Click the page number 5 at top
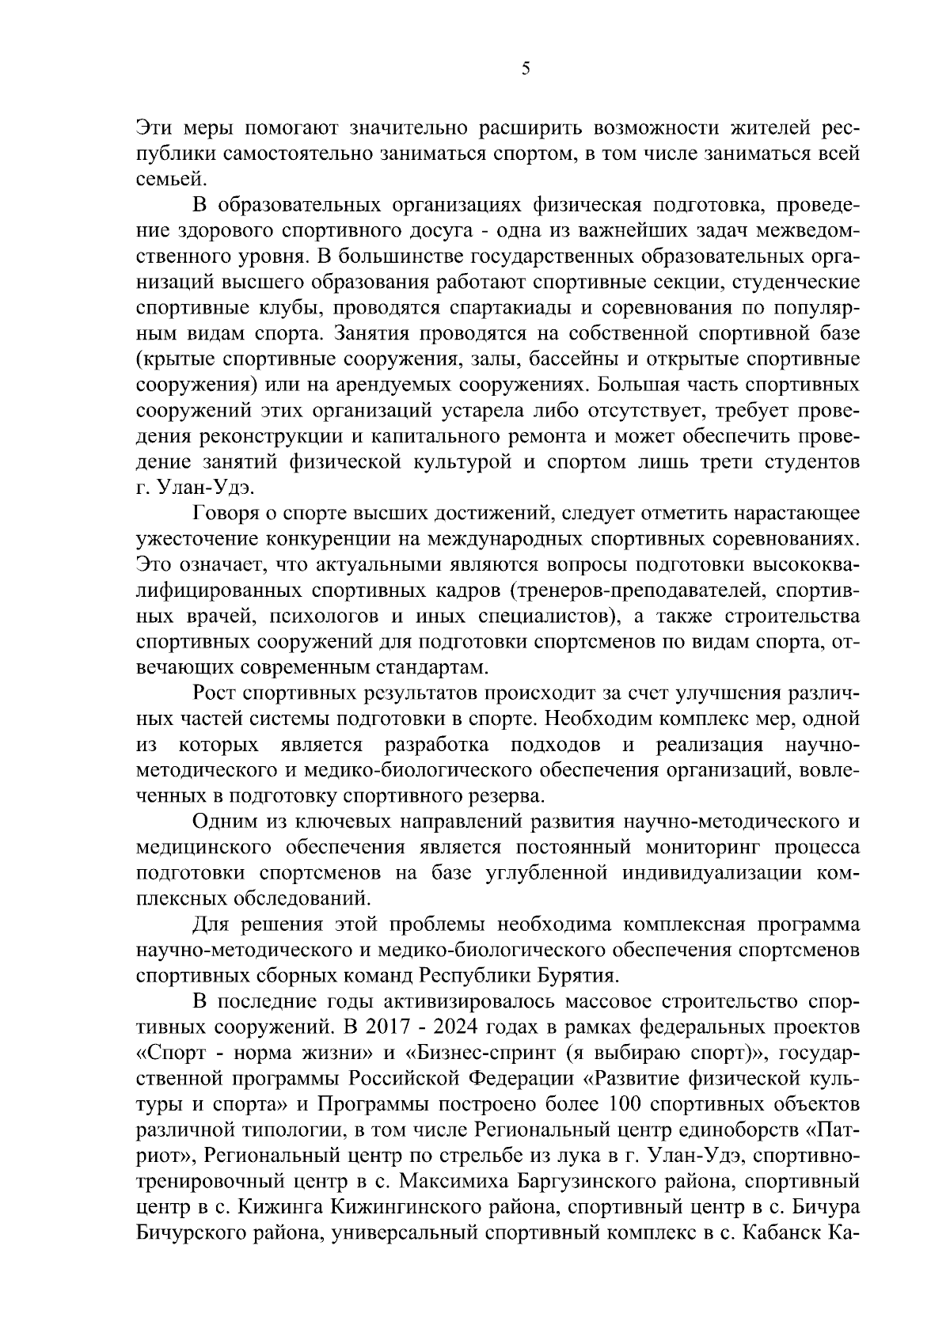(526, 69)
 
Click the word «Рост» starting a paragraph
(214, 694)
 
